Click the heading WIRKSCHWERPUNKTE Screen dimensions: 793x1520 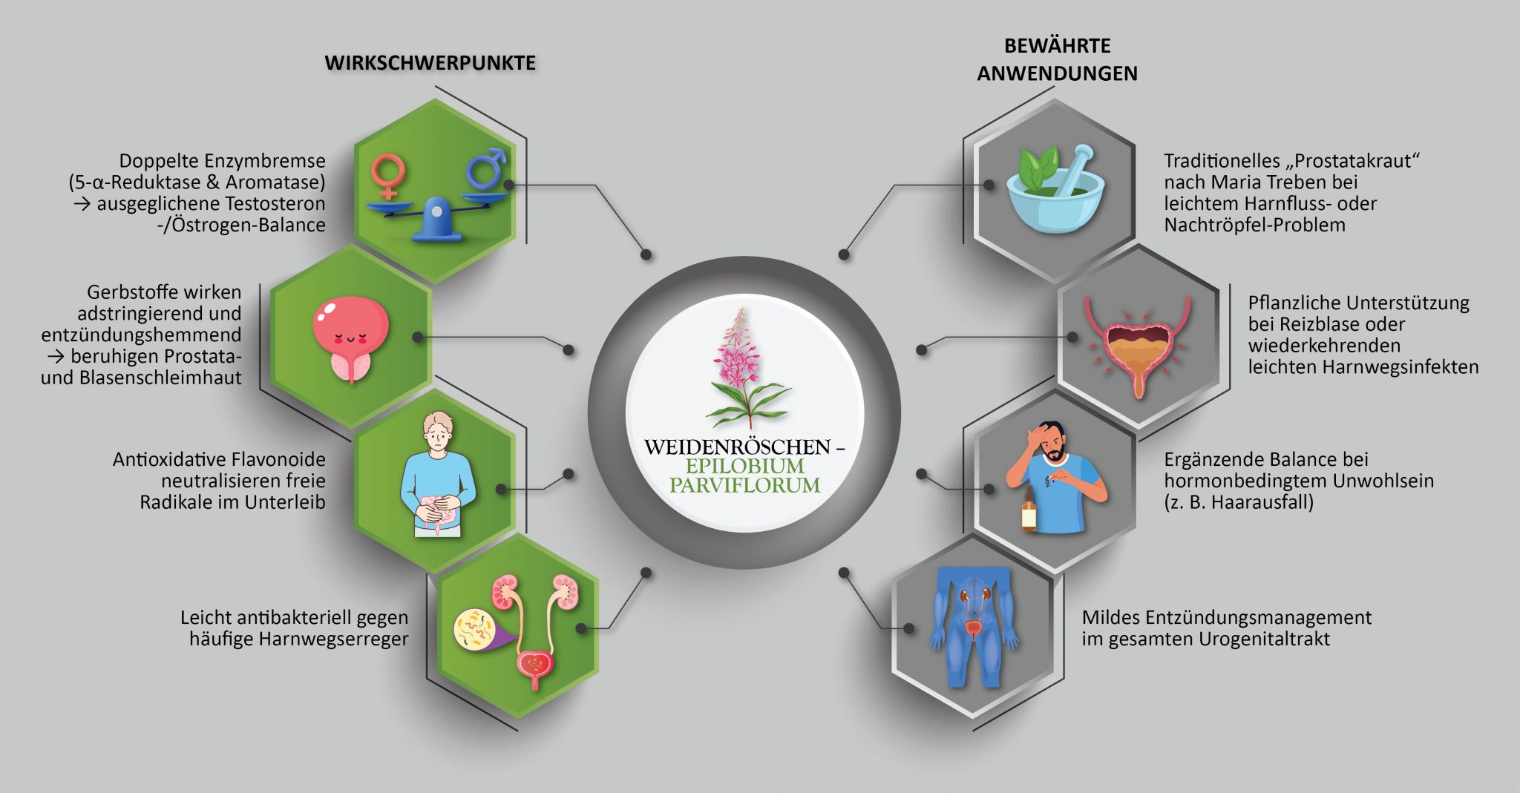[430, 63]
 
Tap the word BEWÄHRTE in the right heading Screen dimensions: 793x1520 [1057, 46]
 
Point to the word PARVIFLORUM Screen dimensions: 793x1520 [744, 485]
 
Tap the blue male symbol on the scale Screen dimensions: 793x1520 [486, 168]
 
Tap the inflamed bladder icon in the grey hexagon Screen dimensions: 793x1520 [1137, 345]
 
